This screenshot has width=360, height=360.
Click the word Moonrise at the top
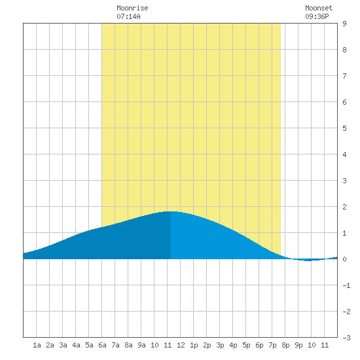click(x=132, y=8)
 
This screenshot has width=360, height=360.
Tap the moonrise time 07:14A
click(x=128, y=16)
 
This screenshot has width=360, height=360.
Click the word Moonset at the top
click(x=319, y=8)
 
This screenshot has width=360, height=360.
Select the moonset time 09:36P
click(x=317, y=16)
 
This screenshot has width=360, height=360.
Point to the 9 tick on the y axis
click(x=344, y=24)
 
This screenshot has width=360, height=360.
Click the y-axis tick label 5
click(x=344, y=128)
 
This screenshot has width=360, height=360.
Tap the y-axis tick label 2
click(x=344, y=207)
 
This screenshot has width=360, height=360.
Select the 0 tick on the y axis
click(x=344, y=259)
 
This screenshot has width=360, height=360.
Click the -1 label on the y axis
click(x=346, y=285)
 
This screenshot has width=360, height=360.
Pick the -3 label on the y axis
click(x=346, y=338)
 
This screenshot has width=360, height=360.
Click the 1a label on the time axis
click(x=37, y=345)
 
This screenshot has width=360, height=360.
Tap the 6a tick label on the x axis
click(x=102, y=345)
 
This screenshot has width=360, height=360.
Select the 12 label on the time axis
click(x=181, y=345)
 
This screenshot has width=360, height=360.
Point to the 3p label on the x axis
click(x=220, y=345)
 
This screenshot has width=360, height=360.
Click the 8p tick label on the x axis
click(x=285, y=345)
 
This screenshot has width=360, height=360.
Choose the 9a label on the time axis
click(x=141, y=345)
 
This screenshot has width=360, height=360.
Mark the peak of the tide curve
click(x=171, y=211)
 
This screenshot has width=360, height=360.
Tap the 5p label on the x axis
click(x=246, y=345)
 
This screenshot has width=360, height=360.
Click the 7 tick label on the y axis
click(x=344, y=76)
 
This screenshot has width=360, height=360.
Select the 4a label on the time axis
click(x=76, y=345)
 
